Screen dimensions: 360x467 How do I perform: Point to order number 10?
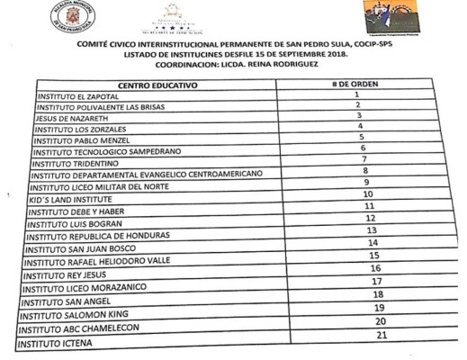click(367, 193)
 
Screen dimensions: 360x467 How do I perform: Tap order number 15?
click(373, 256)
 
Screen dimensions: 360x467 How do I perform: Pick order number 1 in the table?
click(357, 94)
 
